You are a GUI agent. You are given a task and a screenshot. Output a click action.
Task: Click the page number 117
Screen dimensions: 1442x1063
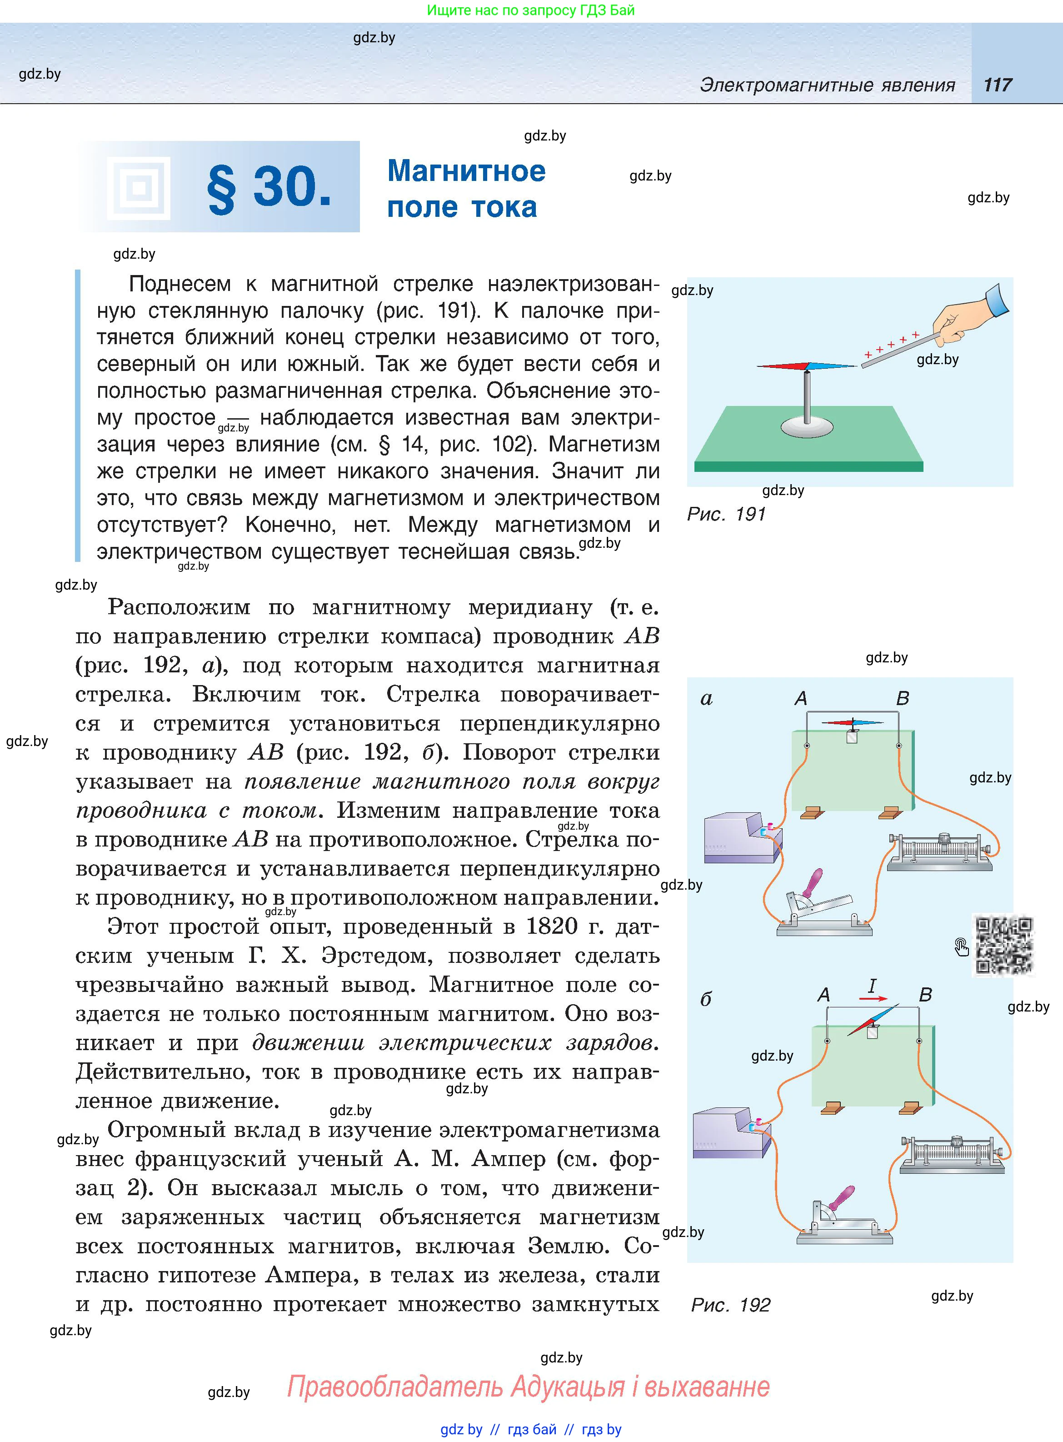998,85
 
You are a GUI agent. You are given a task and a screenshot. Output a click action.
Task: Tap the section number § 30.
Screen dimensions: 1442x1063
269,187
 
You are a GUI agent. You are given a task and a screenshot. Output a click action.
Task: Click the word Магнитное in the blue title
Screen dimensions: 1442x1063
466,171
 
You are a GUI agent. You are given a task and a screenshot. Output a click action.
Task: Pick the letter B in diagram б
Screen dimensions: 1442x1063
925,995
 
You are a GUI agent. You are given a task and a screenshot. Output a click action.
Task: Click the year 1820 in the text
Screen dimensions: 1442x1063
551,926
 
